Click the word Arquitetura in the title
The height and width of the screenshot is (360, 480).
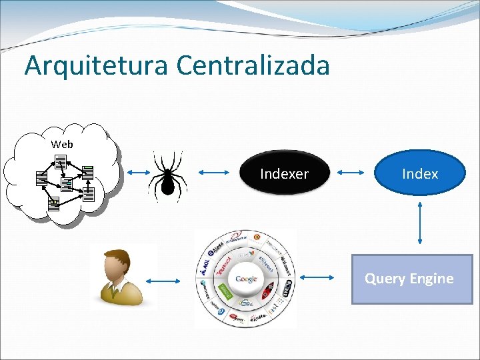pyautogui.click(x=97, y=65)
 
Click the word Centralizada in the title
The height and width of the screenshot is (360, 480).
pyautogui.click(x=253, y=65)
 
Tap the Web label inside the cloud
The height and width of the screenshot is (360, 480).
pyautogui.click(x=62, y=144)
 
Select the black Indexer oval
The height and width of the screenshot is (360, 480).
pyautogui.click(x=285, y=174)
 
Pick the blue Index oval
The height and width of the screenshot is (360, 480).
pyautogui.click(x=420, y=174)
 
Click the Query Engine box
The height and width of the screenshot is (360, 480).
pyautogui.click(x=411, y=279)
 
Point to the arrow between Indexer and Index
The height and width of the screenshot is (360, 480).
pyautogui.click(x=353, y=173)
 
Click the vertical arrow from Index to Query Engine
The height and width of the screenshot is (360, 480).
pyautogui.click(x=420, y=224)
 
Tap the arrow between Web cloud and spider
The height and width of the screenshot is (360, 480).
pyautogui.click(x=139, y=174)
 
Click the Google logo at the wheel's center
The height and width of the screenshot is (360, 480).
pyautogui.click(x=246, y=279)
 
